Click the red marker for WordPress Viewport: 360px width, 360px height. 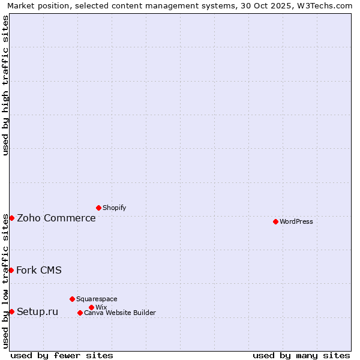(275, 221)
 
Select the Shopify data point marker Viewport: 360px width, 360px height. (98, 208)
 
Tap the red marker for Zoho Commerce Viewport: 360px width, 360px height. (11, 218)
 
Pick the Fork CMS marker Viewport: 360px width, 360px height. (11, 270)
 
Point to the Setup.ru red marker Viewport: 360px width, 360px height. (11, 311)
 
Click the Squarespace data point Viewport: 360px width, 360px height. (72, 299)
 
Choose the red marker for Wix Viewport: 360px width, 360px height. (91, 307)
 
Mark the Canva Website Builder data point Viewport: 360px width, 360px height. (80, 313)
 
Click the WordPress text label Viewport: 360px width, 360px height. (296, 221)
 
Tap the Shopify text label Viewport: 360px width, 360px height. (114, 208)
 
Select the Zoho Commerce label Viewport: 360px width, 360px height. (56, 218)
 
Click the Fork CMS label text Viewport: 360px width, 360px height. (39, 270)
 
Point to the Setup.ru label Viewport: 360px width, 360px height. (38, 311)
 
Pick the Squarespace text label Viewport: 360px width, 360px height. (97, 299)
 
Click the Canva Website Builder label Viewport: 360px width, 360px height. (120, 313)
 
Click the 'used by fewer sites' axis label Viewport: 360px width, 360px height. (62, 355)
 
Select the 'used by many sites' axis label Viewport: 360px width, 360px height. (301, 355)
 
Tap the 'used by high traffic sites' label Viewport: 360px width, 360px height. (5, 85)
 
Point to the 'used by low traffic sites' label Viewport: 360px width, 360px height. (5, 280)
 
